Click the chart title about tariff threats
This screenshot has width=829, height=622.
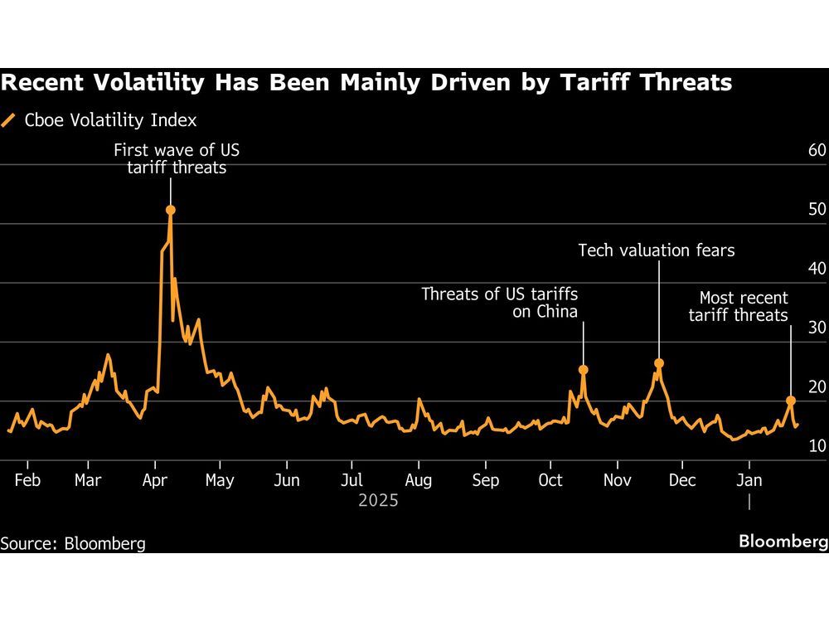366,83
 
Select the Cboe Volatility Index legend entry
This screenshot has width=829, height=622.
99,120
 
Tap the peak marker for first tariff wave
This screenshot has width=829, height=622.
170,210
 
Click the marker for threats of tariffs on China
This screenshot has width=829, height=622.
583,370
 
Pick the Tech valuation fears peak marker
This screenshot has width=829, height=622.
659,363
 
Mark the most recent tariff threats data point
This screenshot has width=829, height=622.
790,400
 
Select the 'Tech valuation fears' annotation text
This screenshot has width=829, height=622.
656,250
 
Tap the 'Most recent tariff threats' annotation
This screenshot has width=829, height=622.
744,306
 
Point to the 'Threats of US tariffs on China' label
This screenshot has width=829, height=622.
499,303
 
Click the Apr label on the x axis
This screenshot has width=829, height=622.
155,480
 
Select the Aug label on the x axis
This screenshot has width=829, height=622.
418,480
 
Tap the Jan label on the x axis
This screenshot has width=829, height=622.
749,480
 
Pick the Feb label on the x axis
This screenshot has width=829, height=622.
27,480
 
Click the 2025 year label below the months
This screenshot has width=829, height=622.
378,501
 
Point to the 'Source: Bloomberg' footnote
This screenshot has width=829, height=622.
73,544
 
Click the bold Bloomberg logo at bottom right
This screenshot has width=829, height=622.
783,542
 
